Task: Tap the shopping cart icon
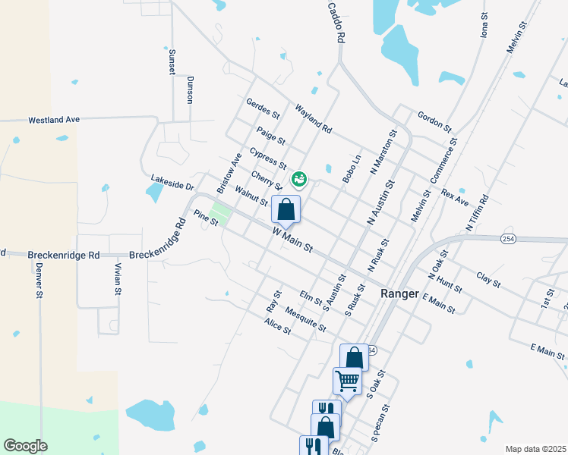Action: point(347,381)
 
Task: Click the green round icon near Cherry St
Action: point(299,179)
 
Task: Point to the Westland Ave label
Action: point(54,120)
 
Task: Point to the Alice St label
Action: point(277,326)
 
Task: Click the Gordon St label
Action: point(434,120)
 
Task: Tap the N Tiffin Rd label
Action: point(476,213)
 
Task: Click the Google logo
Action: point(26,446)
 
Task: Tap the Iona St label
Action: point(484,25)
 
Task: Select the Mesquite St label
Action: point(305,318)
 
